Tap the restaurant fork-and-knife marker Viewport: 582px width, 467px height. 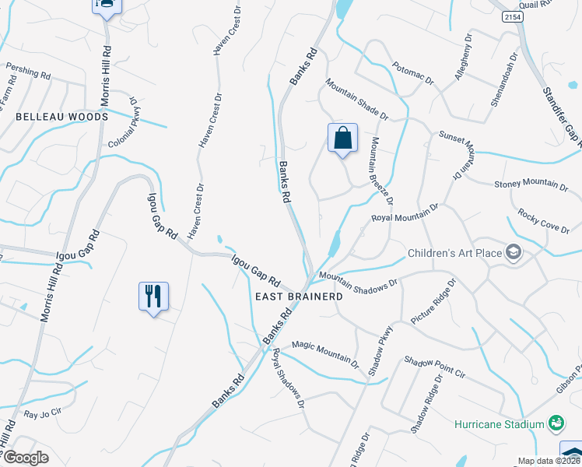click(153, 297)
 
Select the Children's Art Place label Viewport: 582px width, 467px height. click(455, 254)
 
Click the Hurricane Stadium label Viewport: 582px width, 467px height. click(499, 424)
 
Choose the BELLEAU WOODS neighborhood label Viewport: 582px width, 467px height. click(61, 116)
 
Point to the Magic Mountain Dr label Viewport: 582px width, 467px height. click(325, 353)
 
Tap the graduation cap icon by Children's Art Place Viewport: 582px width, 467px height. click(514, 252)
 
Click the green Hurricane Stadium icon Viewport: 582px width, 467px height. click(556, 423)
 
